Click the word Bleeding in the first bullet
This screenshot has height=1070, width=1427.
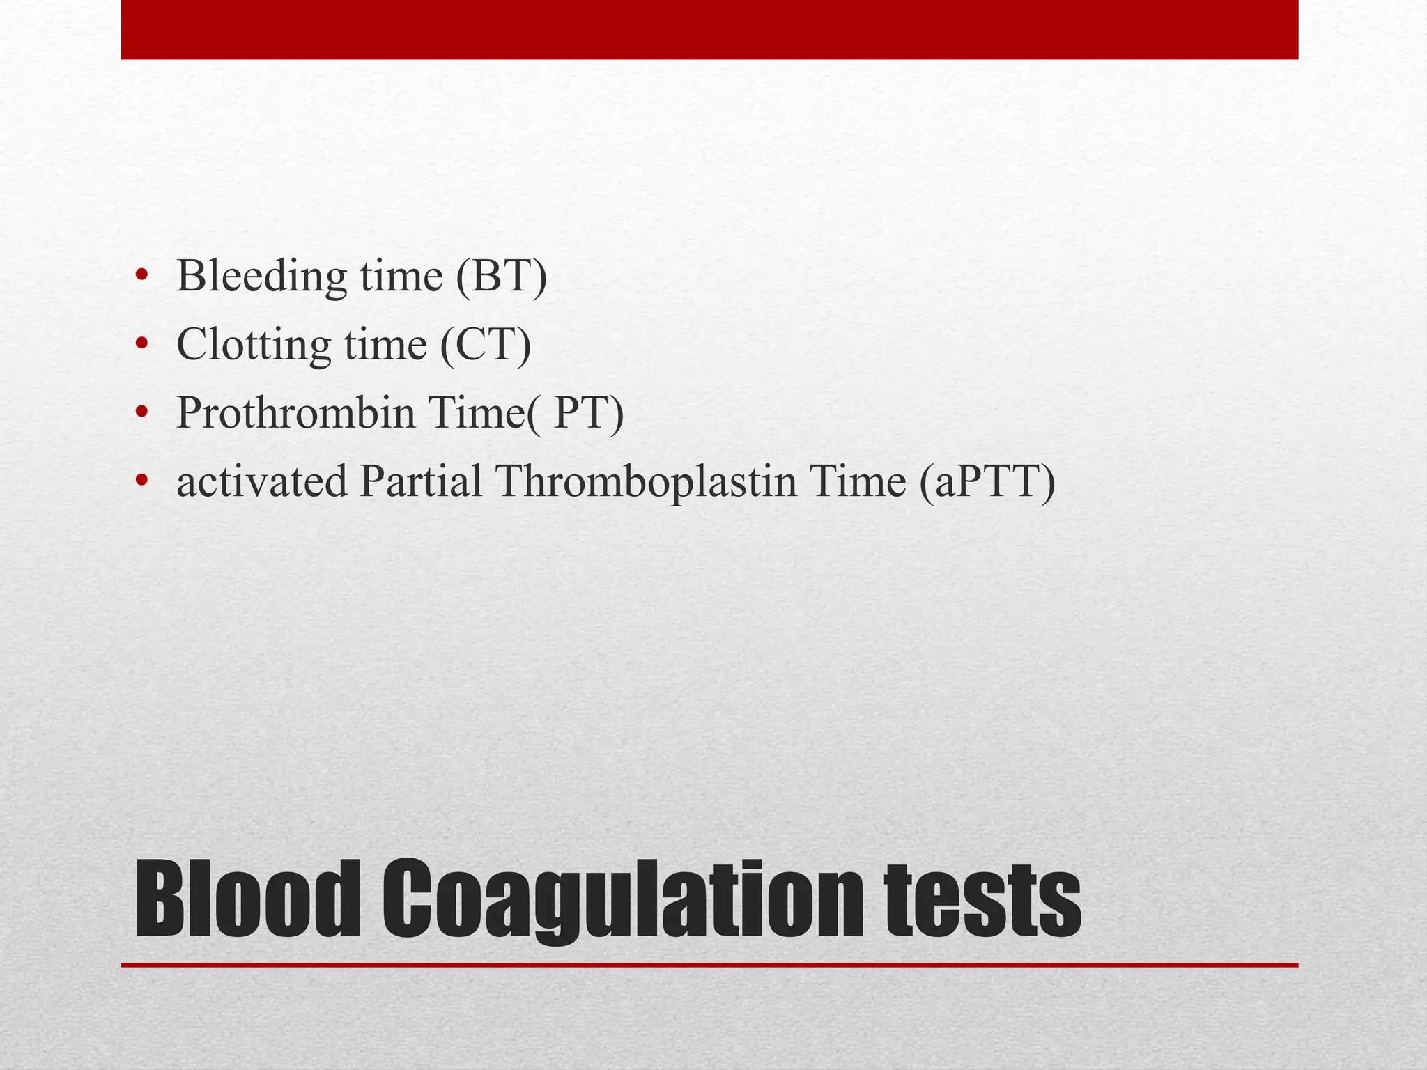tap(261, 277)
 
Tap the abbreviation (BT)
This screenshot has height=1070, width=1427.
tap(501, 277)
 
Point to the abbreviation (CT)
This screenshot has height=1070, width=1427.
tap(485, 345)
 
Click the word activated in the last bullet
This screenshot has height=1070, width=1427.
tap(261, 481)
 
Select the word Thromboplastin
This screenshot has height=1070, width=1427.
tap(645, 481)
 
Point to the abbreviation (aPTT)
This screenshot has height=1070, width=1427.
tap(987, 481)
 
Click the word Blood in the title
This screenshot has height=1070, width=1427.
tap(247, 899)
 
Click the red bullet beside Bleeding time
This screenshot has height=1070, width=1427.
tap(142, 275)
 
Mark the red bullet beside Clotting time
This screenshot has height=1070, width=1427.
tap(142, 343)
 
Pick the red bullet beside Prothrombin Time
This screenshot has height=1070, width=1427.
tap(142, 412)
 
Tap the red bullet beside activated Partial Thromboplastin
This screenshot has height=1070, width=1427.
tap(142, 481)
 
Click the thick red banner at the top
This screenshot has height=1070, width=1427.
tap(709, 29)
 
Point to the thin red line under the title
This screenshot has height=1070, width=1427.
tap(709, 965)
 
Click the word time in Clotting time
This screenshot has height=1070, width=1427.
tap(385, 345)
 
